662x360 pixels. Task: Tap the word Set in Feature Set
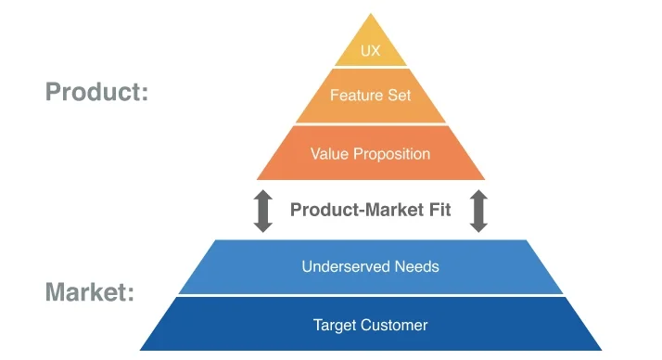pos(400,96)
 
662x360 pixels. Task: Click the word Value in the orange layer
pos(330,154)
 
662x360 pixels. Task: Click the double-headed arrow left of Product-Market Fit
pos(263,211)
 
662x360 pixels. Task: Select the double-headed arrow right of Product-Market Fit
pos(478,211)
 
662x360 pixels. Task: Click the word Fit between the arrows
pos(438,210)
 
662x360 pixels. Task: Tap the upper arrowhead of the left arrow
pos(263,197)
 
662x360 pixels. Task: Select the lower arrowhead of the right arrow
pos(478,225)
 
